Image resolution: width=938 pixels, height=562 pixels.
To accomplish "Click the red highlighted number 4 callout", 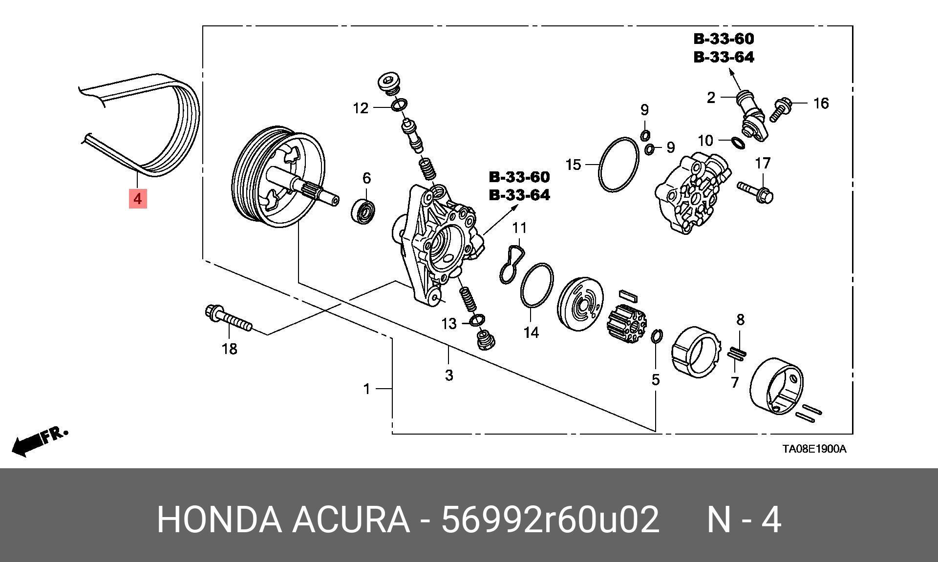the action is (138, 199).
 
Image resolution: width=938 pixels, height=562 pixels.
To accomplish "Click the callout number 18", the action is (230, 349).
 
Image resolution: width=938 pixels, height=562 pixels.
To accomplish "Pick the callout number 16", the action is (821, 103).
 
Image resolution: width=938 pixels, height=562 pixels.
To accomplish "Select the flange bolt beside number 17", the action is (755, 192).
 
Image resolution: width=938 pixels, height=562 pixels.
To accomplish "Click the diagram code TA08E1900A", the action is (814, 449).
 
